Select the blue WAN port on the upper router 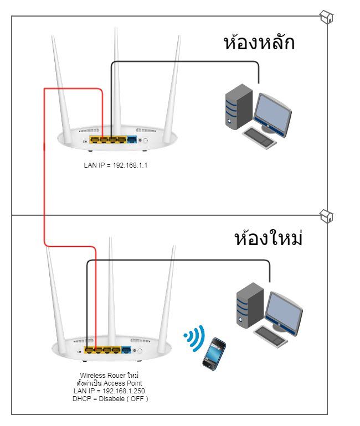click(132, 140)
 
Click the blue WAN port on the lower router click(127, 350)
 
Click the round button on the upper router click(146, 141)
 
